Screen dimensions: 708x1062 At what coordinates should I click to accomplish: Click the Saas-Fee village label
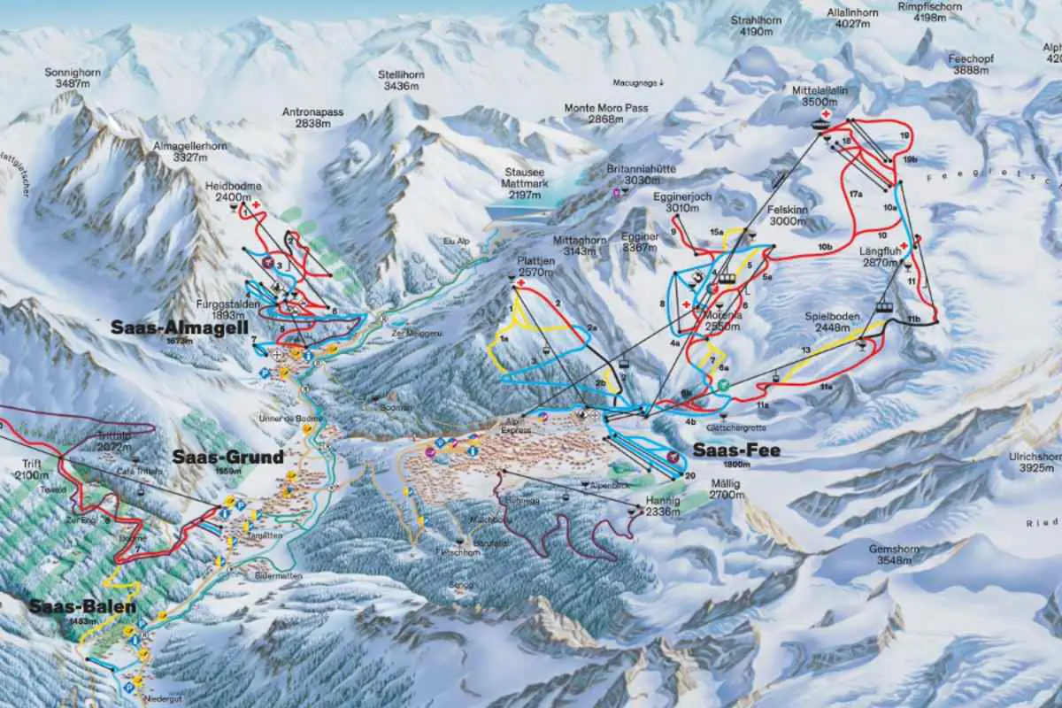(x=724, y=450)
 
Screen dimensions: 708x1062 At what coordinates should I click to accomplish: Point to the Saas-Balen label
(x=82, y=607)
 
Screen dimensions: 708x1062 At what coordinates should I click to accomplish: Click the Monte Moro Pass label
(x=606, y=113)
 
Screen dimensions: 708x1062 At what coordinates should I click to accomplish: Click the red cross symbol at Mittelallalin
(x=825, y=115)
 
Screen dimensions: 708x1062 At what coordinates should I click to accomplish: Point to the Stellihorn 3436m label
(x=400, y=80)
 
